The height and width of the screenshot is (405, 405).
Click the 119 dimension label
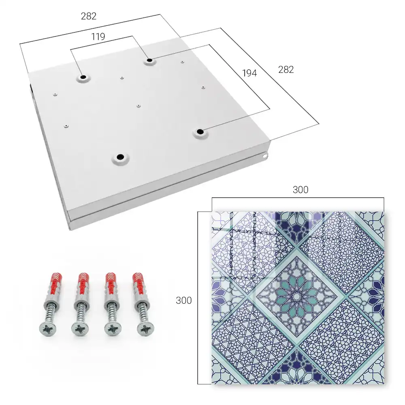click(x=98, y=36)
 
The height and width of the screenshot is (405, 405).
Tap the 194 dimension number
click(x=249, y=73)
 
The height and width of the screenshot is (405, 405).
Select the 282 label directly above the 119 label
click(x=89, y=16)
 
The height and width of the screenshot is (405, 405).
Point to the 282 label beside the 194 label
click(x=286, y=70)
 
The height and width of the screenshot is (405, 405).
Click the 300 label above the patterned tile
click(x=301, y=190)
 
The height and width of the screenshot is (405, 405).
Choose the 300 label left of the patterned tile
click(x=183, y=300)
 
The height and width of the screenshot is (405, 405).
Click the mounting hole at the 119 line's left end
click(x=83, y=77)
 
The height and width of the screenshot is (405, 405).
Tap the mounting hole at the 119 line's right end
click(x=149, y=61)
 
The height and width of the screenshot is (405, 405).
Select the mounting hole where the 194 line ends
click(x=199, y=132)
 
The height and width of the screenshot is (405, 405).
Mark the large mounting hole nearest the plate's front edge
click(x=120, y=157)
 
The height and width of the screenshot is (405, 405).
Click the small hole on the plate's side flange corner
click(x=265, y=156)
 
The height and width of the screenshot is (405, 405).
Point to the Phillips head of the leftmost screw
click(x=48, y=329)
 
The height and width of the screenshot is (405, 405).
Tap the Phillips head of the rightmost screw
click(x=145, y=329)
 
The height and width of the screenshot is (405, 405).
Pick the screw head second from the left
click(x=80, y=329)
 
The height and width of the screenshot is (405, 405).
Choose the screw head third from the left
click(x=113, y=329)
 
